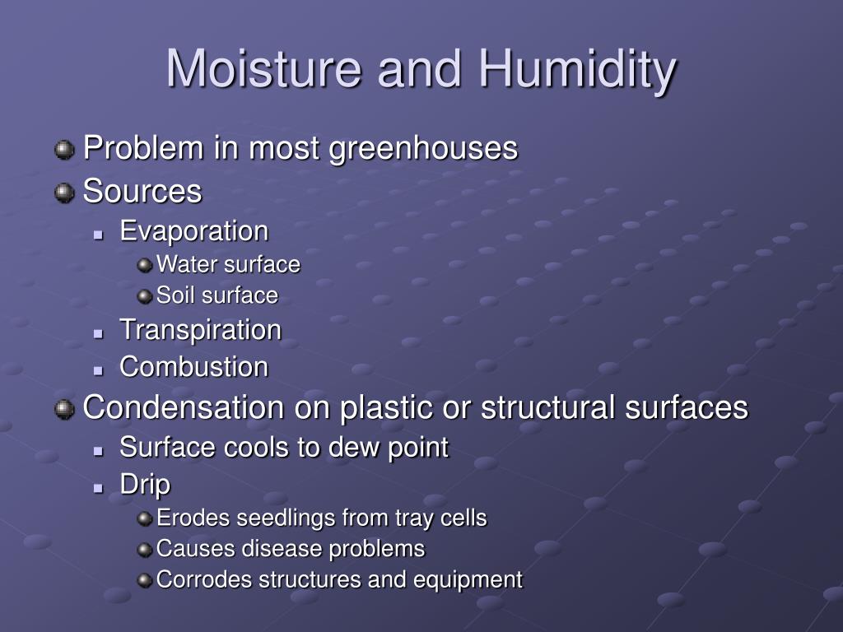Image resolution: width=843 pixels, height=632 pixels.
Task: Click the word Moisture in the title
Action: [264, 68]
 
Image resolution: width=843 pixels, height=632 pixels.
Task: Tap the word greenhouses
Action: [423, 150]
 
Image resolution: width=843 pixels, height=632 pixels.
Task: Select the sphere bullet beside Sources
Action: [64, 193]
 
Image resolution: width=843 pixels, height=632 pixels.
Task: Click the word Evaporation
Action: [194, 231]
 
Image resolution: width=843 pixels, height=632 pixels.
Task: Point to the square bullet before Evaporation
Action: [98, 235]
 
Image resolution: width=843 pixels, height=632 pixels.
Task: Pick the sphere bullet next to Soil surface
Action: [145, 296]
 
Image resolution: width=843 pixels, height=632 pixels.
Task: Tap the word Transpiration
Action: [201, 331]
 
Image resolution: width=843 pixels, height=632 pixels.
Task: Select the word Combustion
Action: [194, 367]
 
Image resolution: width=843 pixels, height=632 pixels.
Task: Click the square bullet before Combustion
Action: [98, 370]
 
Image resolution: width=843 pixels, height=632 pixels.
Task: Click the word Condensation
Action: [184, 407]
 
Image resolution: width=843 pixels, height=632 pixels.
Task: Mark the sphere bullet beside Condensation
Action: [64, 409]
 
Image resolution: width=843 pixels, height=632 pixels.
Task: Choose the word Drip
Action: [145, 486]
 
